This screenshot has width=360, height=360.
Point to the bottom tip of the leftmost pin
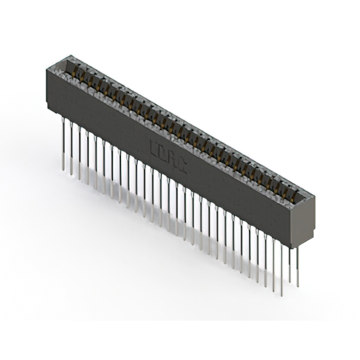(63, 168)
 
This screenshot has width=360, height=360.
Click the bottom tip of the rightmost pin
(298, 286)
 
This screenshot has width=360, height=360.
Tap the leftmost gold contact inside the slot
(73, 74)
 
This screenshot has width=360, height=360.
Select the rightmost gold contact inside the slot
(292, 195)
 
